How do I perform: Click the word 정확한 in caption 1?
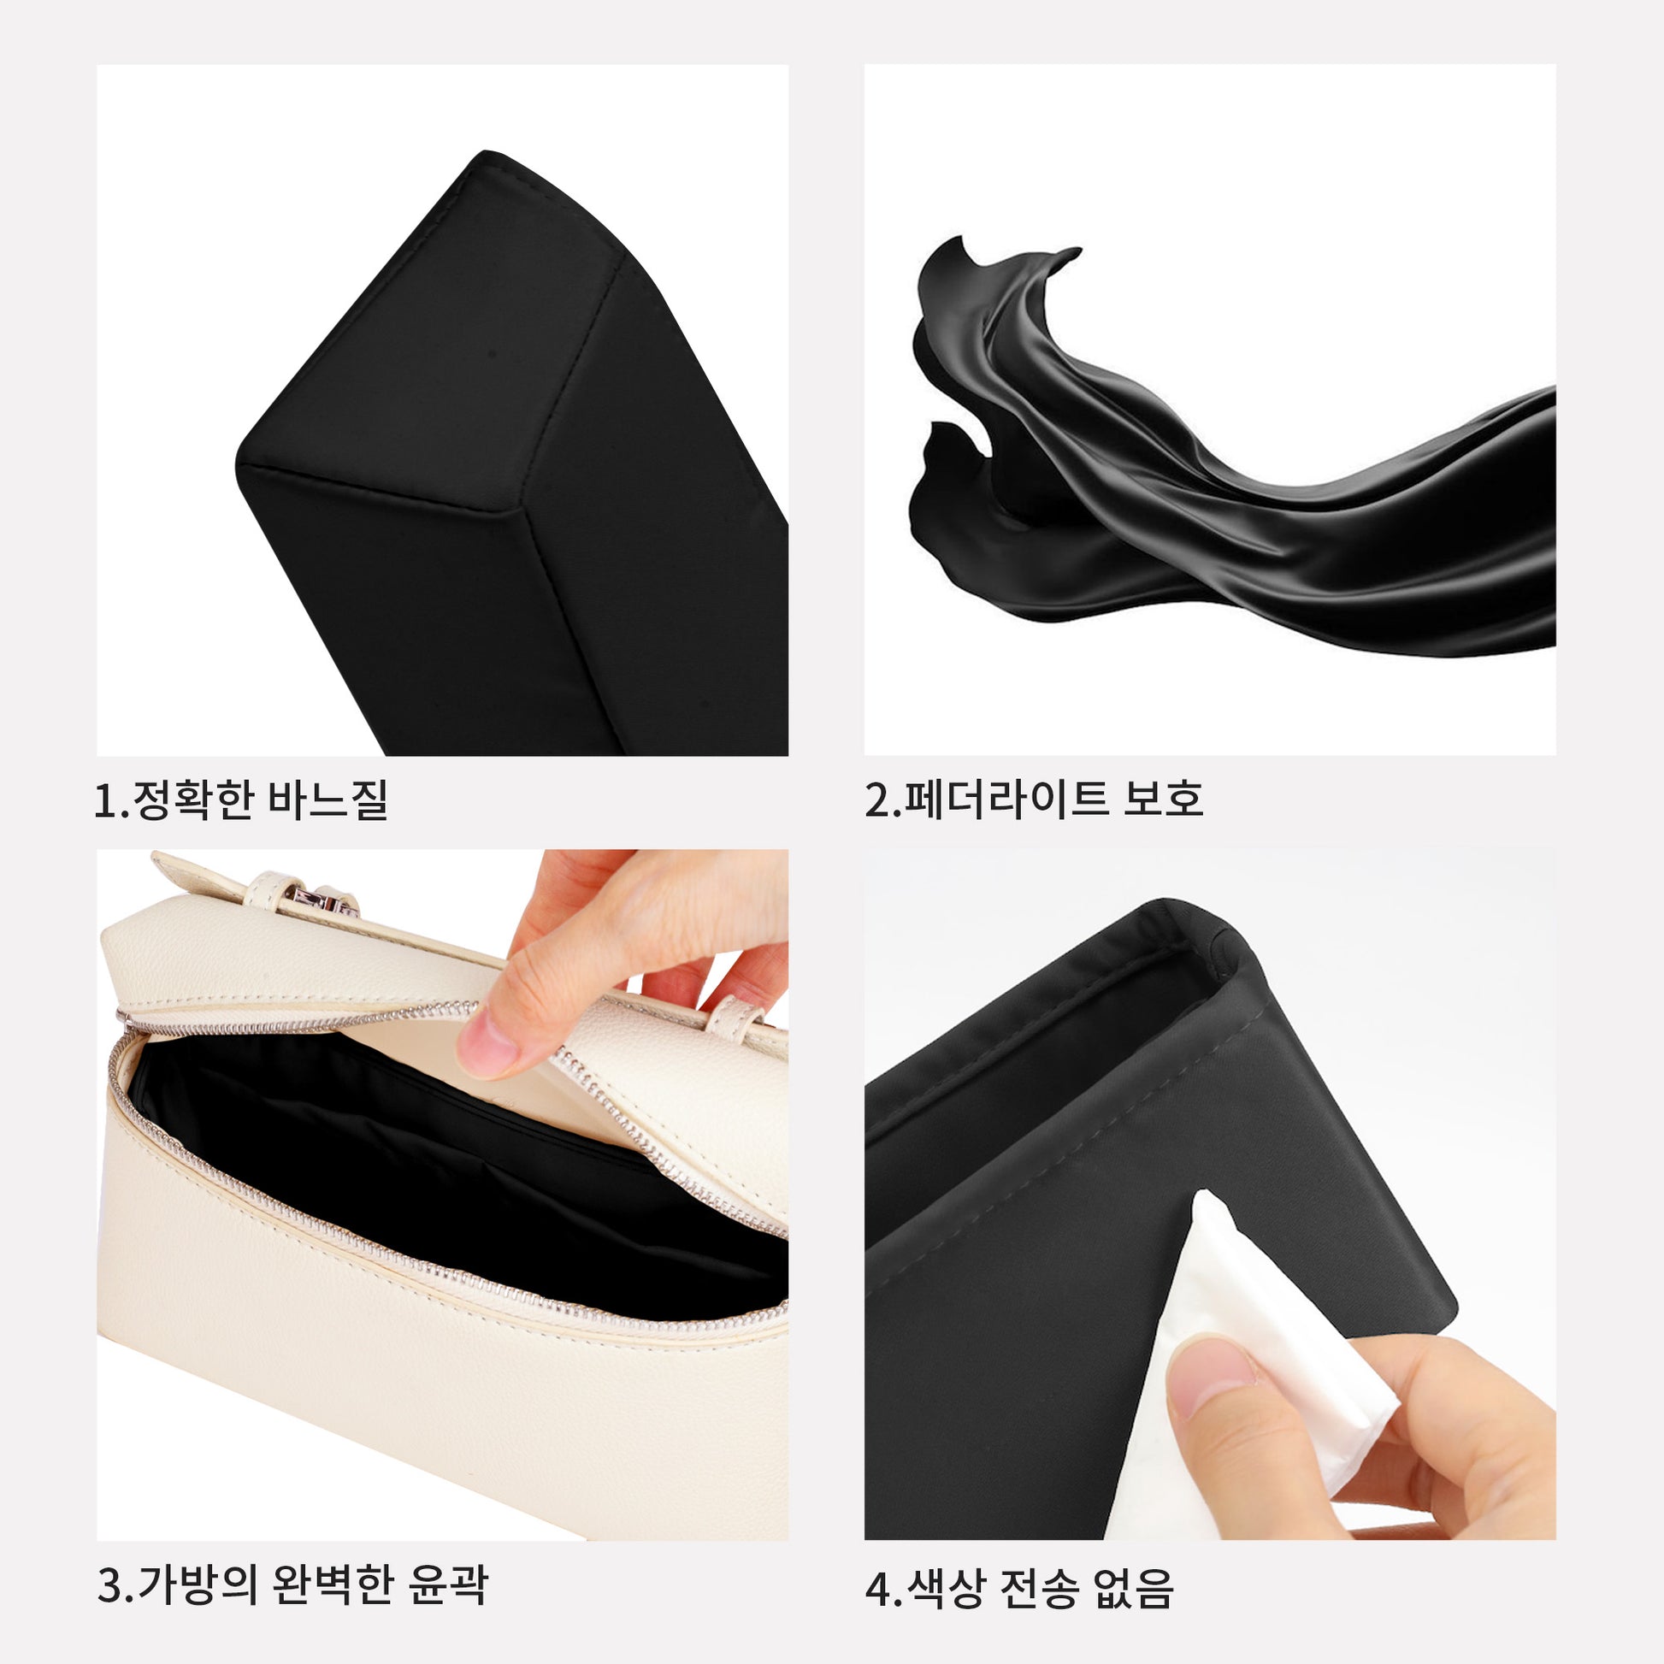click(x=192, y=800)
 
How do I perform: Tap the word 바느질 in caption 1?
click(x=328, y=800)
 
